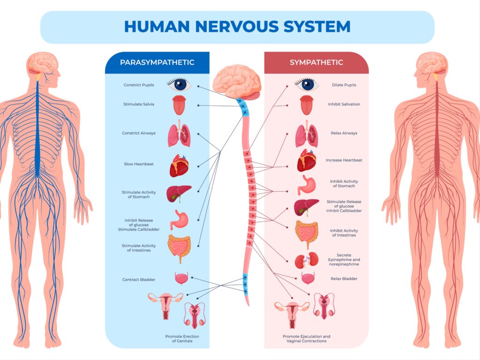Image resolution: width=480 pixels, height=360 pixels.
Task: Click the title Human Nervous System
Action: [237, 26]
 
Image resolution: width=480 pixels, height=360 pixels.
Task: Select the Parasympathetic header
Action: [157, 62]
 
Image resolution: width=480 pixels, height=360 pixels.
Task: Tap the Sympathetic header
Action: [316, 62]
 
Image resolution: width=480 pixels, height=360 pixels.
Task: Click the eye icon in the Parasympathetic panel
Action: [179, 84]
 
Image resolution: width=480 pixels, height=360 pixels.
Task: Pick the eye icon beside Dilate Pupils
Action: [307, 84]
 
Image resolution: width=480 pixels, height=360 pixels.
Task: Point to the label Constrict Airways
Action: [139, 133]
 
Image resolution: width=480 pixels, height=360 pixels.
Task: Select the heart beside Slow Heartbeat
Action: [179, 165]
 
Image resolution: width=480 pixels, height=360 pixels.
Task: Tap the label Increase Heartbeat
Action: [344, 160]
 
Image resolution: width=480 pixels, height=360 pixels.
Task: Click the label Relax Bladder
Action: [344, 279]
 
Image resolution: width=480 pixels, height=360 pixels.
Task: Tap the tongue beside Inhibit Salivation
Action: [307, 105]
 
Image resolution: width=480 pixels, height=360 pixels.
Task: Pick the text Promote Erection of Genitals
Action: [179, 338]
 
